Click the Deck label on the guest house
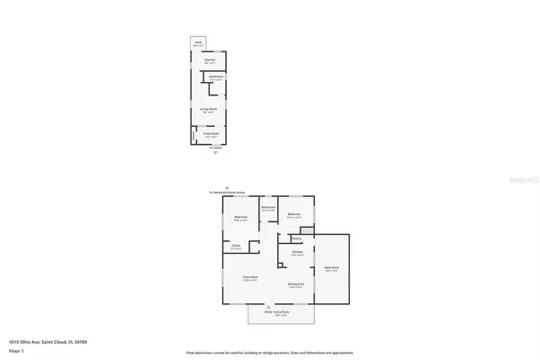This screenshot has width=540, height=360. tap(198, 42)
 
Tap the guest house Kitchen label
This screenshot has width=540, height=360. tap(209, 61)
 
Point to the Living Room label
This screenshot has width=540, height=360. tap(209, 110)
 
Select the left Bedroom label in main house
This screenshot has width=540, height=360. tap(241, 218)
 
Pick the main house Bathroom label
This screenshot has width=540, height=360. tap(267, 208)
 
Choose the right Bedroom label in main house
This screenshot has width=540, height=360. tap(294, 215)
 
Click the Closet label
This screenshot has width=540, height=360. tap(236, 247)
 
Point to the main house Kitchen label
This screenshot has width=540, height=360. tap(296, 252)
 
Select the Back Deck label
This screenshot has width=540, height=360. tap(331, 269)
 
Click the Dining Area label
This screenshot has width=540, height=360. tap(295, 284)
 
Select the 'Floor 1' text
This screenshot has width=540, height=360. tap(15, 350)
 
